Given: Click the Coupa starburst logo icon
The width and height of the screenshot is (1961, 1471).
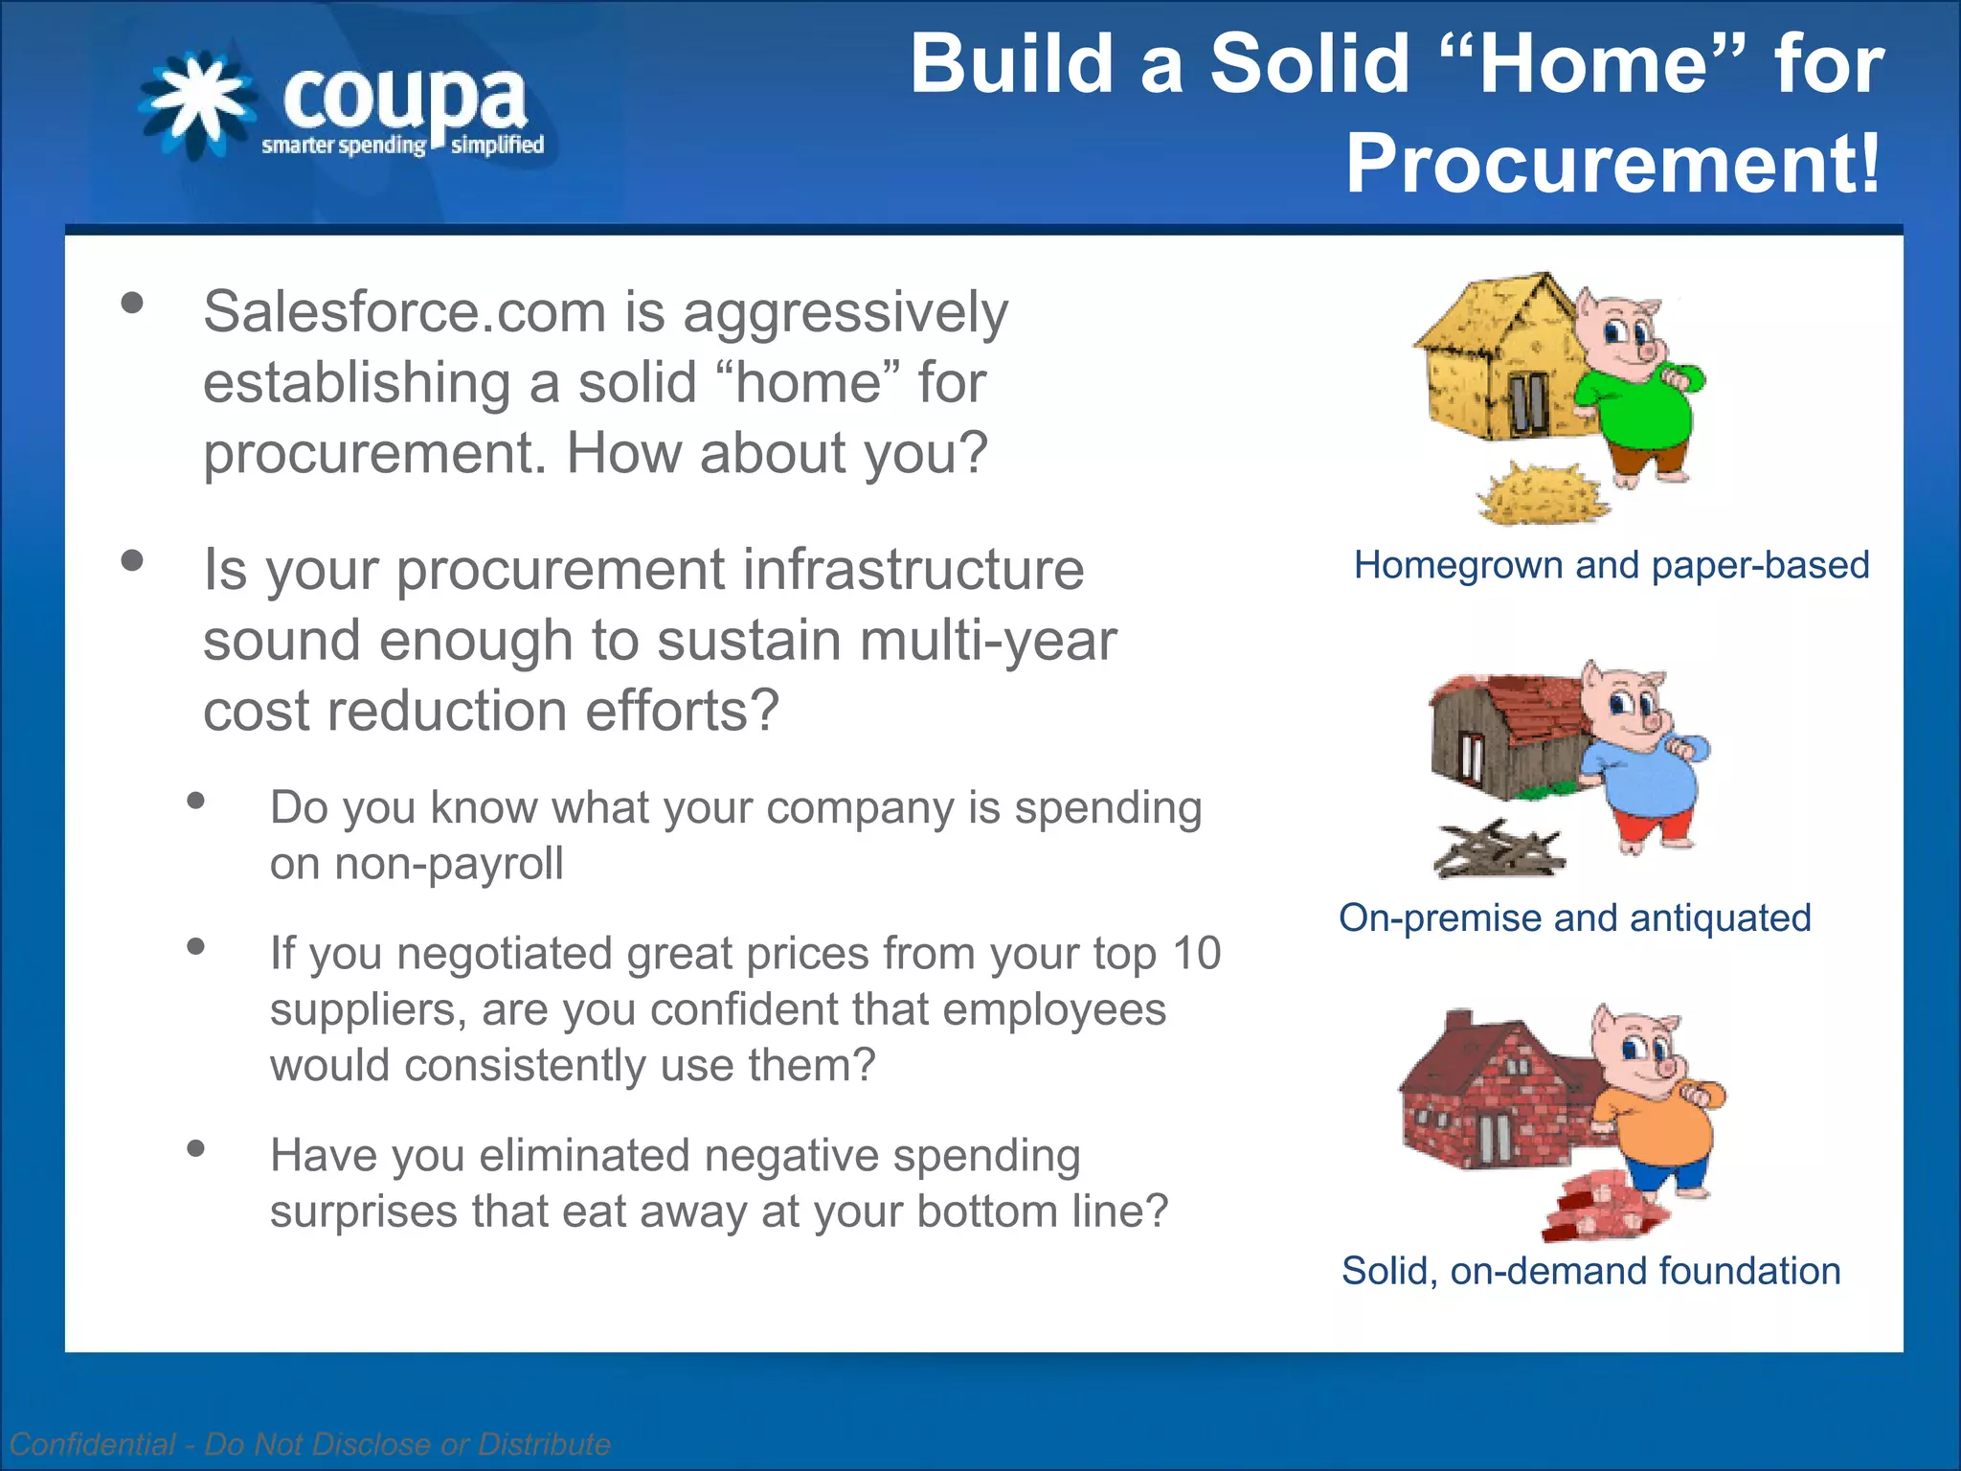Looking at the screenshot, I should tap(198, 105).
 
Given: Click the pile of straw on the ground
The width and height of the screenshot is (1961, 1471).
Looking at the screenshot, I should tap(1542, 493).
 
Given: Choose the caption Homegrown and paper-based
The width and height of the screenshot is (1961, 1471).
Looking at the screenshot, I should tap(1612, 565).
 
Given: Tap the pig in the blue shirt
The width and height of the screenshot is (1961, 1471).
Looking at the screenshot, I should tap(1642, 757).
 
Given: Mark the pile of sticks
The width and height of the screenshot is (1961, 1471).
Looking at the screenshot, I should tap(1499, 850).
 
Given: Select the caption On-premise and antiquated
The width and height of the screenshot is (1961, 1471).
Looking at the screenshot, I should tap(1575, 917).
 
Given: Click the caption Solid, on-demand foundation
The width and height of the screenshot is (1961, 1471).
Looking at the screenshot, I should tap(1590, 1271).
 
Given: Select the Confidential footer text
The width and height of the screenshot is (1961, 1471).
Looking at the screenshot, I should tap(310, 1443).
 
